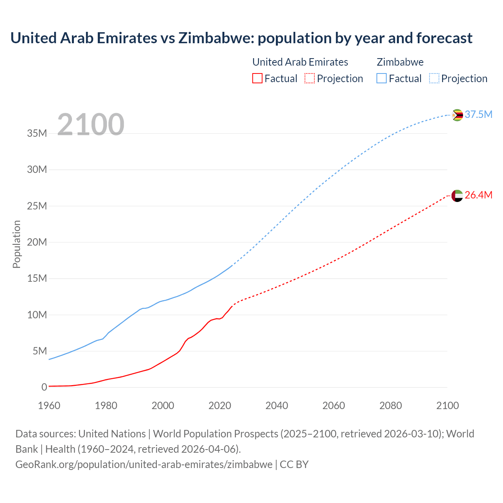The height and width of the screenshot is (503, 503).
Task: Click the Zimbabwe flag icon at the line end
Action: click(457, 115)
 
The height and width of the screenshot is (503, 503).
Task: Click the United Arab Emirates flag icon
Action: click(457, 196)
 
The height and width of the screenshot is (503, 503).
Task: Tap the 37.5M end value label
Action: click(478, 114)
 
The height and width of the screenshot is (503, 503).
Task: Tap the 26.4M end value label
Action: click(478, 195)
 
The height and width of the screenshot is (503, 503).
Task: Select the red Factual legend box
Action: click(257, 79)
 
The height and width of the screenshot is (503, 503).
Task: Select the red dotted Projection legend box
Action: click(310, 79)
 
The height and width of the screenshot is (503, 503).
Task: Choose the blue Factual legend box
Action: click(382, 79)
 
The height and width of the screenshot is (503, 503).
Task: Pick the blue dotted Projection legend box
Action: click(434, 79)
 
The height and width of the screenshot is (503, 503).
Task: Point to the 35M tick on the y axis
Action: click(37, 133)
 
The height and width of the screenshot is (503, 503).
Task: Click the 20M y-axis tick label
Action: click(37, 242)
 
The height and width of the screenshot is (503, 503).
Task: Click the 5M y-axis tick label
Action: click(39, 351)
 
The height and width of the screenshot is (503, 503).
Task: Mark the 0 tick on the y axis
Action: click(44, 387)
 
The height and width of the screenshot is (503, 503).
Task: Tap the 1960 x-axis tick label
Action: click(49, 406)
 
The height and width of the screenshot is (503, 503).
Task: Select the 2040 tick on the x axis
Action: click(277, 406)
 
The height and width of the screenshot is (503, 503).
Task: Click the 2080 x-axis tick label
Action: click(391, 406)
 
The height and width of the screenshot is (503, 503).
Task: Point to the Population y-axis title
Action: click(17, 244)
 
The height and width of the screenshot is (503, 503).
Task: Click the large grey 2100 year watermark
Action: click(91, 125)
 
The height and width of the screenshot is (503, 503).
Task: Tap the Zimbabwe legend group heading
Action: click(400, 62)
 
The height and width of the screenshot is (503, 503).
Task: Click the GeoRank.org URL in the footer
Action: click(144, 464)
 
